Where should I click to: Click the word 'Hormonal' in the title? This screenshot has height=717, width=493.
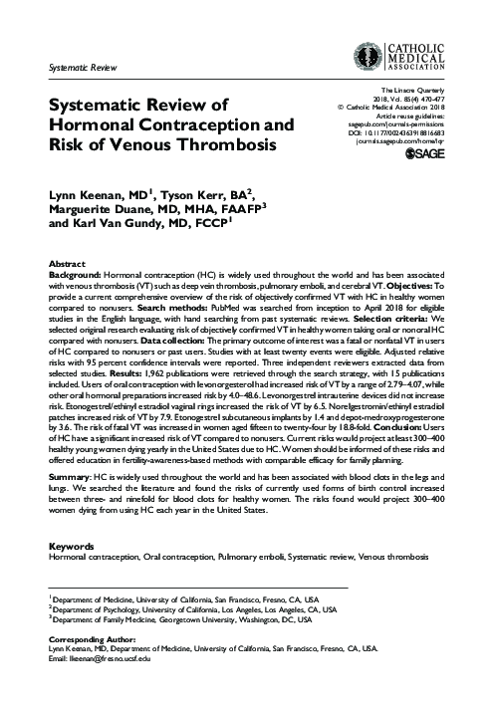click(x=93, y=126)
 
